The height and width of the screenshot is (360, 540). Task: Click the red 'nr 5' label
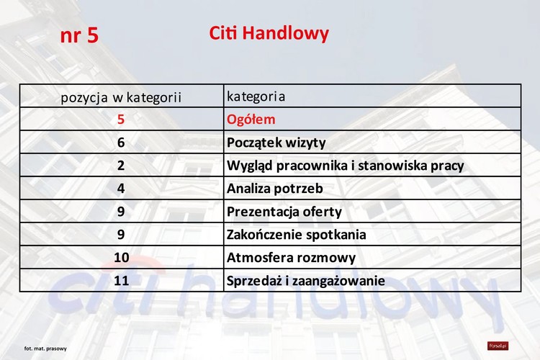click(79, 36)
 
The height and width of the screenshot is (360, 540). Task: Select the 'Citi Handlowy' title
click(269, 33)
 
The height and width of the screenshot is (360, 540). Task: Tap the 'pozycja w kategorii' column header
click(121, 96)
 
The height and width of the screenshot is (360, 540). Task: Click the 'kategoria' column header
click(256, 96)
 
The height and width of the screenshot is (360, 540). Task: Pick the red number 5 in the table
click(121, 120)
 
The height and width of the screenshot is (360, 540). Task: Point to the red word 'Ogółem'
click(251, 120)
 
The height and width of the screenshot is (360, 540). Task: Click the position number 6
click(121, 143)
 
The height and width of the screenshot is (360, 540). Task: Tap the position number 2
click(121, 166)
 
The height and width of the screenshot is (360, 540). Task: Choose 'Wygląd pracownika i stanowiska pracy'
click(345, 166)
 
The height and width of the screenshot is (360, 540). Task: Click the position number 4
click(121, 189)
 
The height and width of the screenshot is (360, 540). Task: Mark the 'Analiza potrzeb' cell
click(274, 189)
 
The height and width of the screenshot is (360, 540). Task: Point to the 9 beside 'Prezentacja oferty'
click(121, 212)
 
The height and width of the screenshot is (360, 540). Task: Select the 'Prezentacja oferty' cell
click(284, 212)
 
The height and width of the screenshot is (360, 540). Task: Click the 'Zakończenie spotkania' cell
click(296, 235)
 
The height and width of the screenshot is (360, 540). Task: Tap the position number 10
click(121, 258)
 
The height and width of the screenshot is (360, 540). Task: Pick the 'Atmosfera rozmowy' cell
click(291, 258)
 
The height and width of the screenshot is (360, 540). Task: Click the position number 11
click(121, 281)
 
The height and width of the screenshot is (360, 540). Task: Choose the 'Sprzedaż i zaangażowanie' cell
click(305, 281)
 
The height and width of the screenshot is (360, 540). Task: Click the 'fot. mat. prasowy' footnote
click(45, 348)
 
